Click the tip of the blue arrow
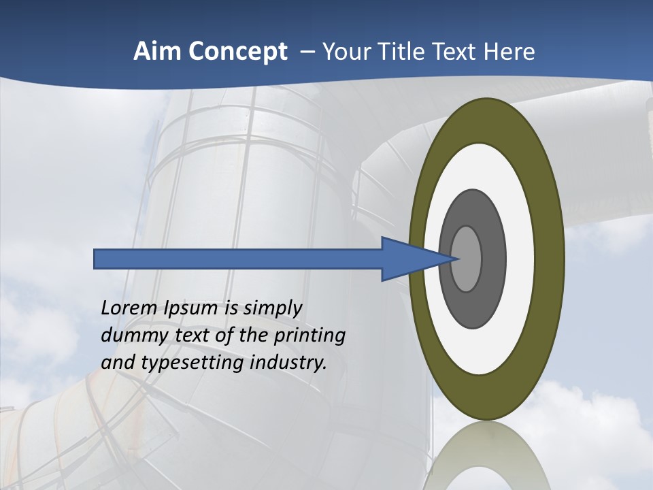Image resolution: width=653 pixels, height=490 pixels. click(456, 259)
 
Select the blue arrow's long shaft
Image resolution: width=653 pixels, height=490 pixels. click(238, 259)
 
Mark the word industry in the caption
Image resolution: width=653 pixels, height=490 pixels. click(288, 363)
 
